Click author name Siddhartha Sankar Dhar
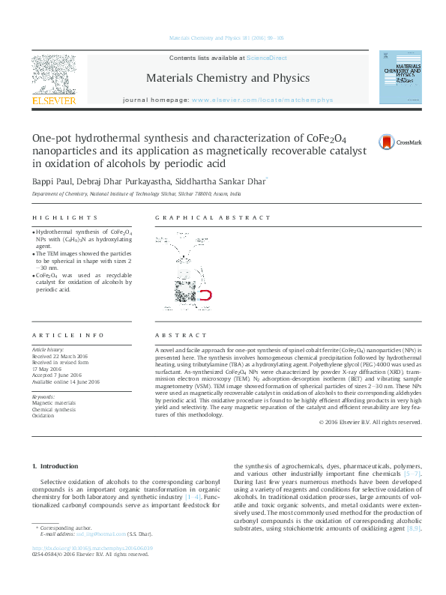(219, 181)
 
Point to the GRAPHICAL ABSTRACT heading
(212, 218)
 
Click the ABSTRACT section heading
(181, 336)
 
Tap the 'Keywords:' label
(43, 396)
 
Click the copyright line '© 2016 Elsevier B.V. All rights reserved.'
(370, 423)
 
